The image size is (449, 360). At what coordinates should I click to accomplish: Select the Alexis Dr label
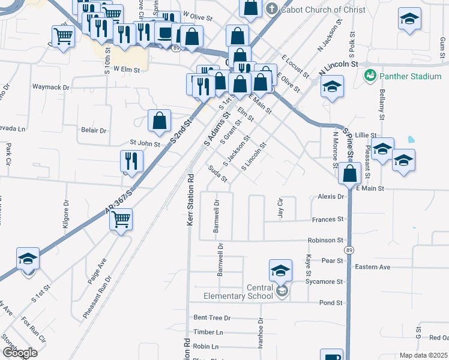point(331,196)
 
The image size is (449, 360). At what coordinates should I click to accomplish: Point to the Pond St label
point(331,303)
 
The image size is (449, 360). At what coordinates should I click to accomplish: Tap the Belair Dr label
point(93,130)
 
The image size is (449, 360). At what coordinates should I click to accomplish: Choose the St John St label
point(145,143)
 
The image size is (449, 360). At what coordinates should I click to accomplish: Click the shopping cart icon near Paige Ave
point(121,220)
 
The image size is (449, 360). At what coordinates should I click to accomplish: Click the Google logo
point(20,353)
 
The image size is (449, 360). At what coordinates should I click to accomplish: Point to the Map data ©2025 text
point(423,355)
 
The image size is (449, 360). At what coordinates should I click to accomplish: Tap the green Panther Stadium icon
point(370,76)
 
